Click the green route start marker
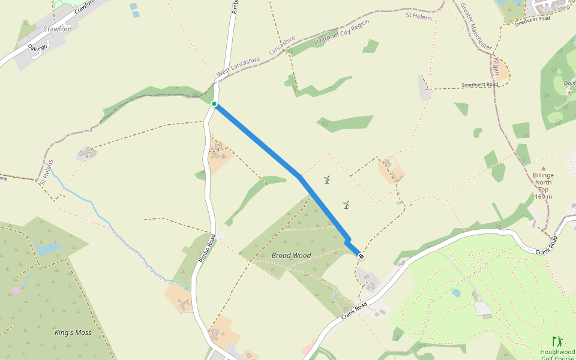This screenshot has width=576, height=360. tap(214, 104)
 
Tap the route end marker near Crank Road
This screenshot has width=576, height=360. tap(361, 256)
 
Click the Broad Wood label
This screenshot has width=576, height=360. tap(291, 256)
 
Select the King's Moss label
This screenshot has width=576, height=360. tap(73, 332)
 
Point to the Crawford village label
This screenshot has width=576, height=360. tap(58, 29)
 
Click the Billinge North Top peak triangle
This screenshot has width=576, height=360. tap(544, 169)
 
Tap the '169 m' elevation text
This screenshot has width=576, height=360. tap(543, 197)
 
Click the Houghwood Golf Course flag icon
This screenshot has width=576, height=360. tap(557, 341)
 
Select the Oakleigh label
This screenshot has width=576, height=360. tap(37, 47)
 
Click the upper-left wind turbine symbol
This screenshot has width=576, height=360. tap(327, 179)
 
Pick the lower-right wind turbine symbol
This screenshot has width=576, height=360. tap(346, 205)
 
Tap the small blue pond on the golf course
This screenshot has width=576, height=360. tap(457, 293)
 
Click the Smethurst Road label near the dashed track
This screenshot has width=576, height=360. tap(480, 85)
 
